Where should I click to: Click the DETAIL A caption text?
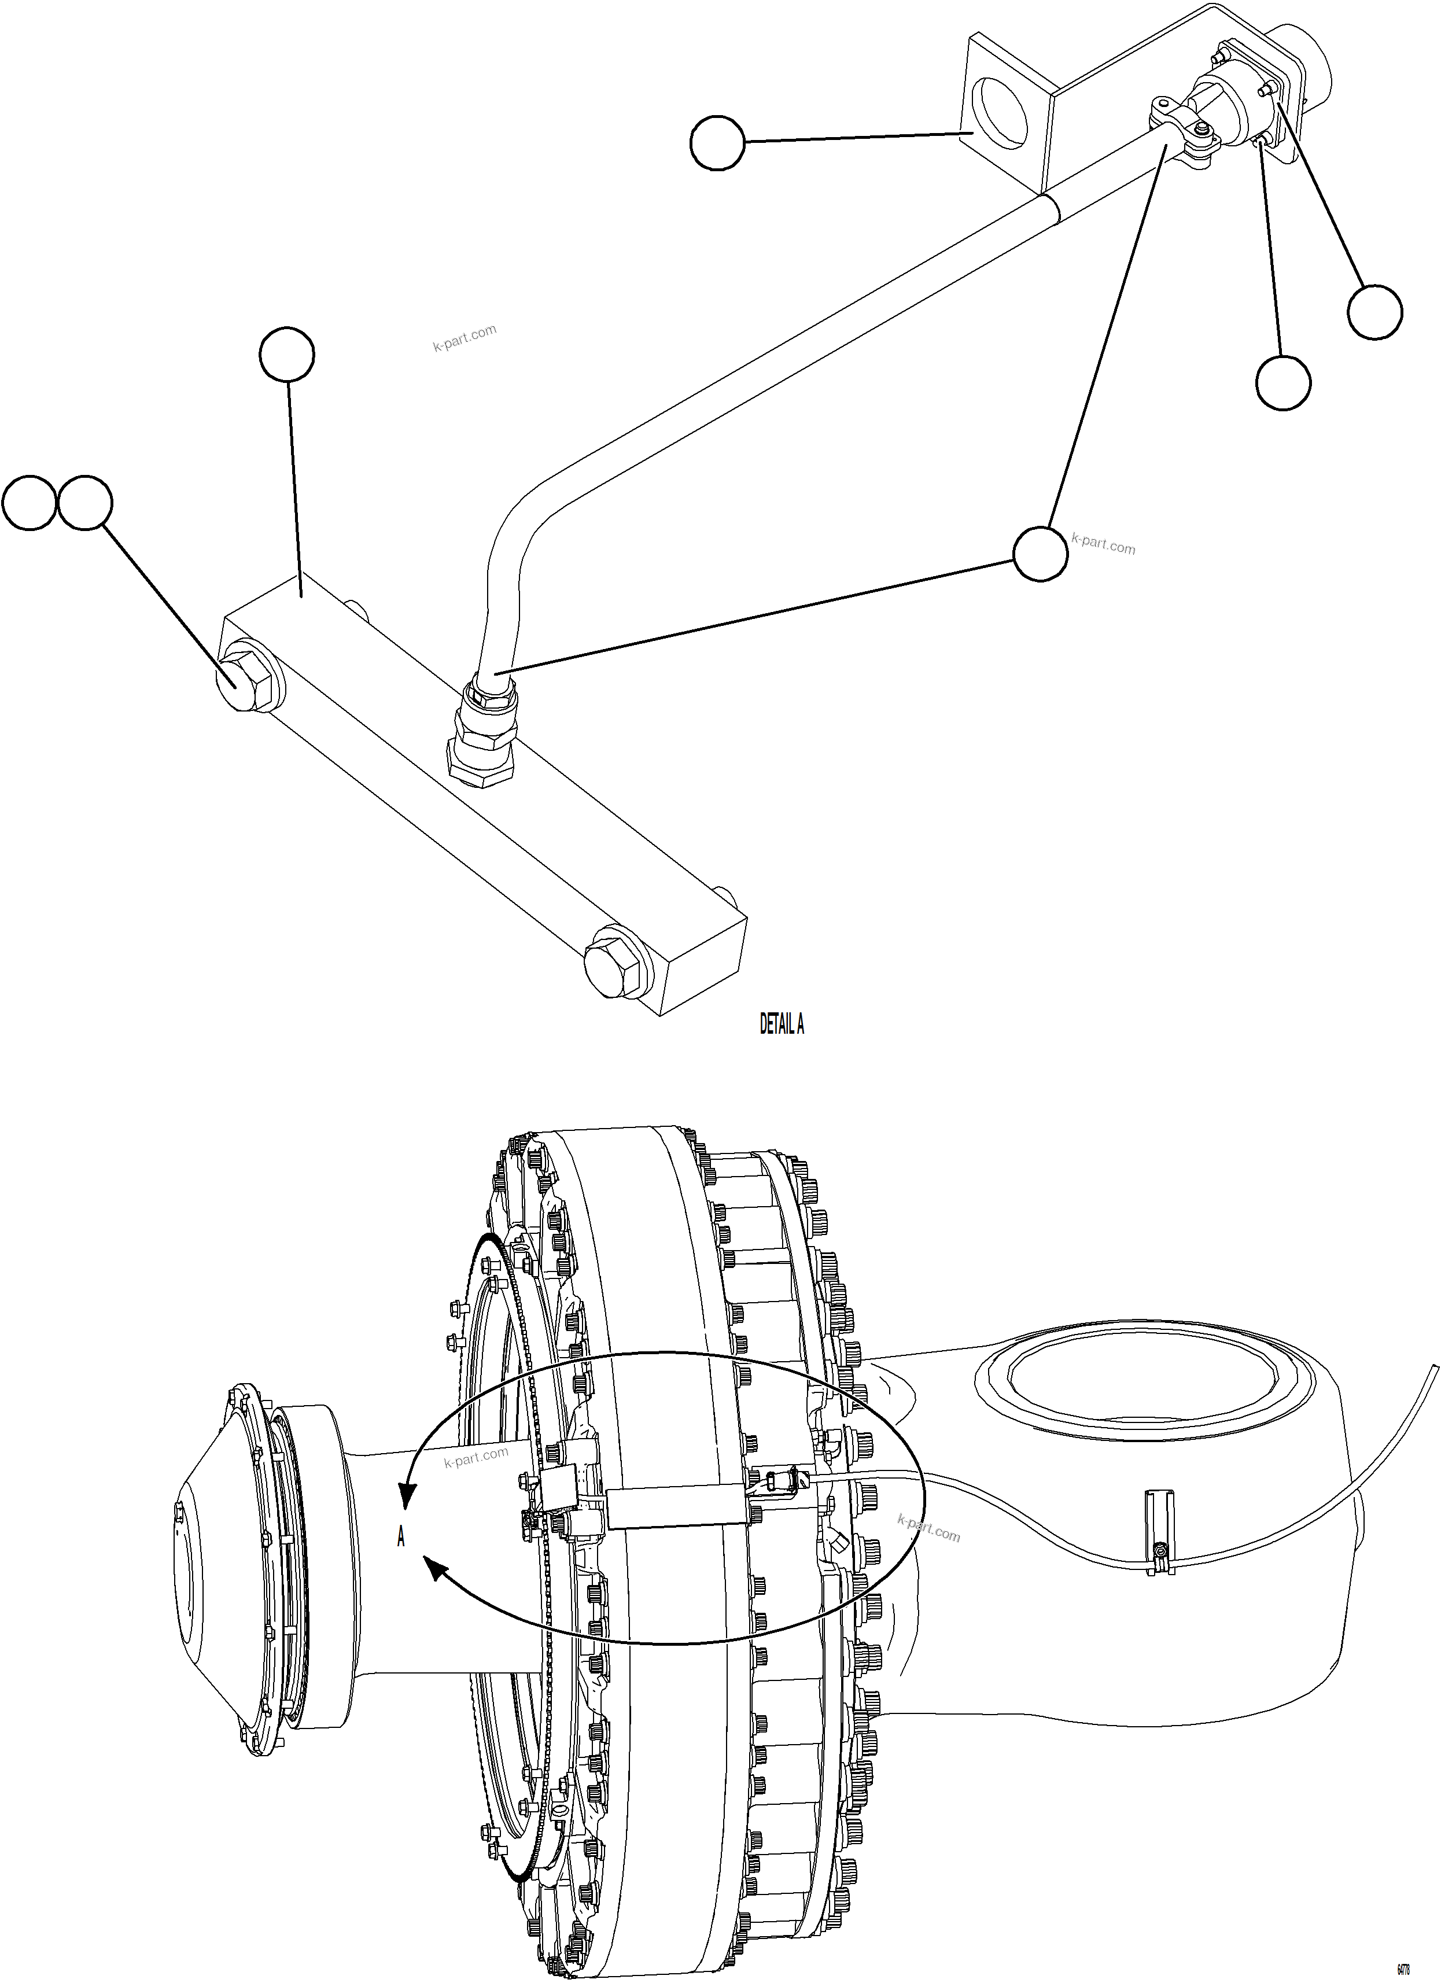tap(781, 1024)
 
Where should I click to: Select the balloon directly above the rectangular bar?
tap(287, 354)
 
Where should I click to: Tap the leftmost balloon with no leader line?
tap(29, 503)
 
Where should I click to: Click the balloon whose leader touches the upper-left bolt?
tap(86, 503)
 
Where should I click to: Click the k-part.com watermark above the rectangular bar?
tap(465, 337)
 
